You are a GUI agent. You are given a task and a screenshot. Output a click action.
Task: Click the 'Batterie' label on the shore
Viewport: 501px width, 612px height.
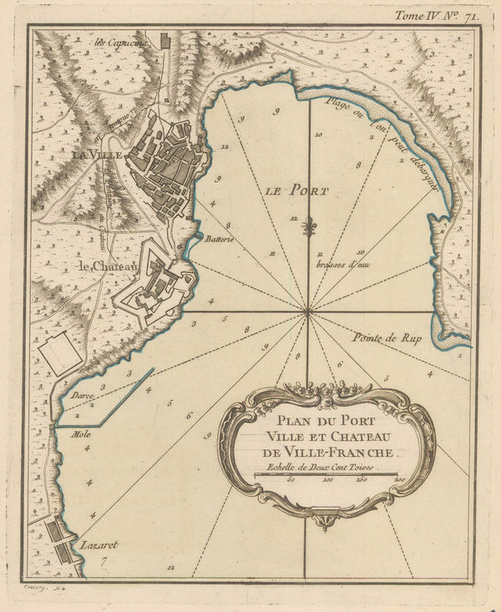(218, 239)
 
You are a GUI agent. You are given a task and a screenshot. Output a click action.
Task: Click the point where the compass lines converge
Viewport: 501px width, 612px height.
(308, 311)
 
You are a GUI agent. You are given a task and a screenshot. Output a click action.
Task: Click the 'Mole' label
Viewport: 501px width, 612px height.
(81, 434)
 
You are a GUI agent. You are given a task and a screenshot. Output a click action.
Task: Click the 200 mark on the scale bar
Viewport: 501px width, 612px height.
(397, 480)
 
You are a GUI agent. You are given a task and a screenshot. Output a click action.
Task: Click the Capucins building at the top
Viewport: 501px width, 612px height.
(164, 40)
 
